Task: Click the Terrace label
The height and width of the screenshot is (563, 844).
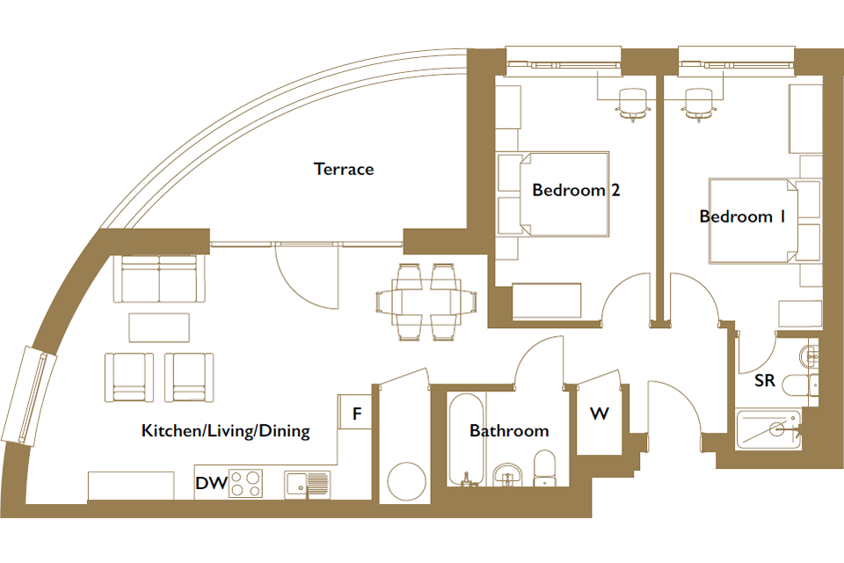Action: coord(344,169)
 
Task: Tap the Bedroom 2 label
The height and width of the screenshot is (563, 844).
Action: coord(576,190)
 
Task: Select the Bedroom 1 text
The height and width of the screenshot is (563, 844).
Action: coord(742,216)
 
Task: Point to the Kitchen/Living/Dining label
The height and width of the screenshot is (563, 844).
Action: coord(226,430)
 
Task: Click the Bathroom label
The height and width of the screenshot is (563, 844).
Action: coord(509,430)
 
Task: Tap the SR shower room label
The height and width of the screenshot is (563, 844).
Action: coord(764,380)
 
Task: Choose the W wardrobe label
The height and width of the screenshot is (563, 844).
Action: coord(600,413)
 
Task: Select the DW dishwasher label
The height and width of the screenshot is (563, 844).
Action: coord(212,483)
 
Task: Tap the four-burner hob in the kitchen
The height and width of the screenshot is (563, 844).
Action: coord(246,483)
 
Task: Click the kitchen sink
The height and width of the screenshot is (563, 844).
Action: coord(308,484)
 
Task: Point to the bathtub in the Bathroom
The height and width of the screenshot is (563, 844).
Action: coord(466,440)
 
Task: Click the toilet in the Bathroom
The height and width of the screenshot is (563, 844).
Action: coord(545,469)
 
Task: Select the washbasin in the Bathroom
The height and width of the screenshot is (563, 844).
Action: coord(507,474)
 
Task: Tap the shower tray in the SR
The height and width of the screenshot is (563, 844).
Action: coord(768,429)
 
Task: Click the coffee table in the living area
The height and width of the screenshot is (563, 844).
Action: coord(159,327)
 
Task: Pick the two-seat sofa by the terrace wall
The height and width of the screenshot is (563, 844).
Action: coord(159,279)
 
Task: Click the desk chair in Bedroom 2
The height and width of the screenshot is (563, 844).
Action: coord(632,104)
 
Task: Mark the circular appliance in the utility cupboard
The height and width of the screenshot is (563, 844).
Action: coord(407,482)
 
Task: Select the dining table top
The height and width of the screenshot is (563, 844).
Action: coord(426,302)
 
